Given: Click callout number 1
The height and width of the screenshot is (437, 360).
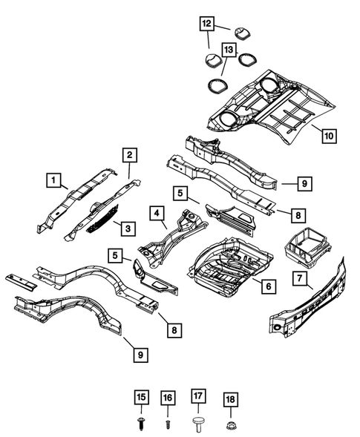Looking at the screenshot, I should click(x=53, y=179).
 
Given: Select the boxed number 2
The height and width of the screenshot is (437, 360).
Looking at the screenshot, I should click(x=129, y=155).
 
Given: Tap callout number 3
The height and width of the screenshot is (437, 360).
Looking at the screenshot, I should click(x=128, y=227).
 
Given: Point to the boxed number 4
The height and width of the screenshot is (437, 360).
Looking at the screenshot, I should click(x=157, y=214).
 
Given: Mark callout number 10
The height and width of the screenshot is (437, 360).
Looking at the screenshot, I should click(x=328, y=135).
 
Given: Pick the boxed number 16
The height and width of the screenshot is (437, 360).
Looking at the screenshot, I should click(x=168, y=398).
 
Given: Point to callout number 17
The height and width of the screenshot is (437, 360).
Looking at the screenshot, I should click(x=199, y=398).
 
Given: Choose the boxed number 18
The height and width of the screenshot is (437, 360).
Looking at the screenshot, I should click(x=231, y=398).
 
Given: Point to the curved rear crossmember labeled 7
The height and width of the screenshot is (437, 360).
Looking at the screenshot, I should click(x=312, y=304).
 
